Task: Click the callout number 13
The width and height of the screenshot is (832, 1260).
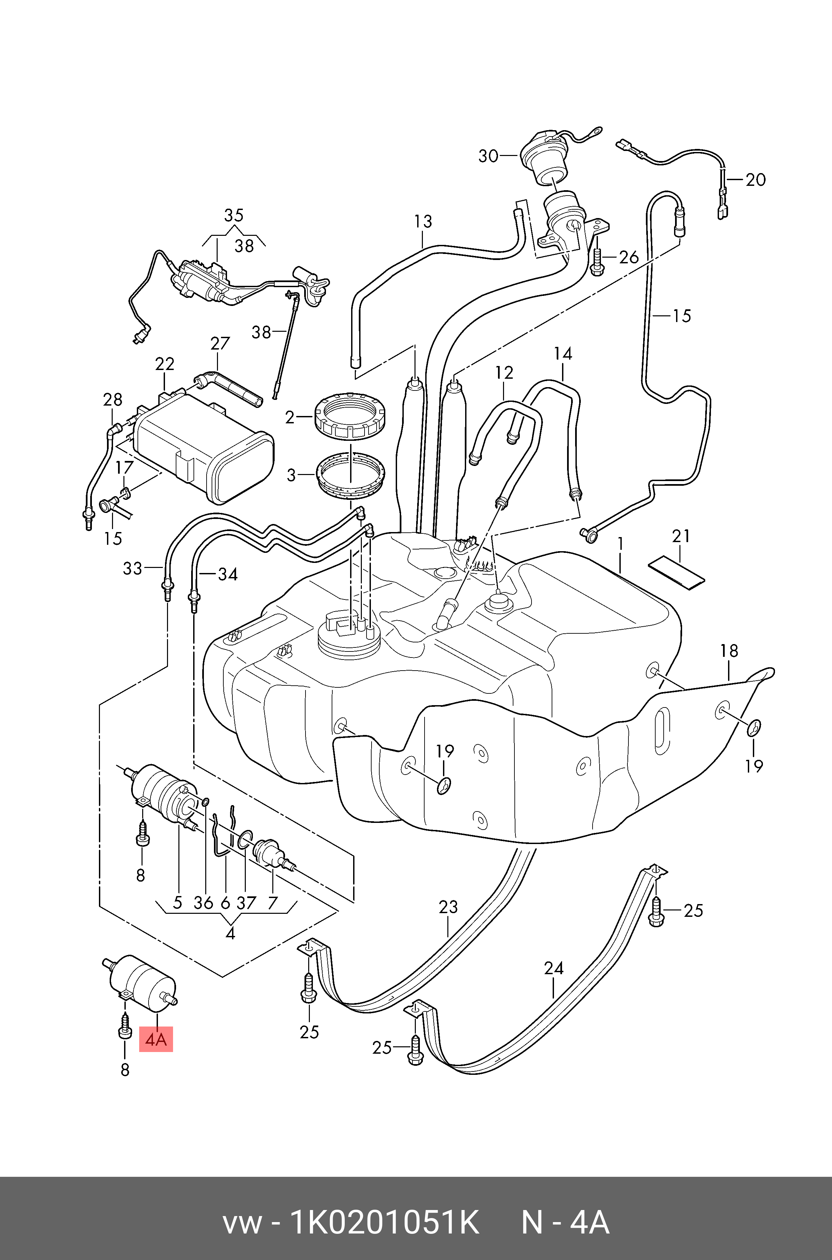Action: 423,221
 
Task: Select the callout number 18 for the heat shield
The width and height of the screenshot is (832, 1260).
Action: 729,651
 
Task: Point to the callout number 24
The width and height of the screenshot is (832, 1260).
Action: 553,968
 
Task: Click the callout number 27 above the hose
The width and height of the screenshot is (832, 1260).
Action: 220,344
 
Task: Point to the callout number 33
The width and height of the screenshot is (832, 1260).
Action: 133,568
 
